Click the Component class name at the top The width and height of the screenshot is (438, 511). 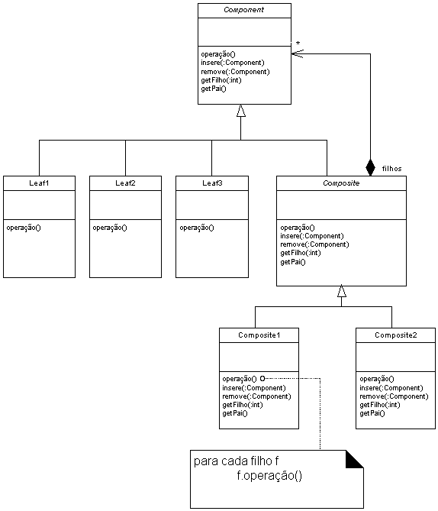(x=243, y=10)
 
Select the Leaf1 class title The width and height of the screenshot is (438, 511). (x=39, y=183)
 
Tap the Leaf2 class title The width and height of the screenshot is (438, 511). (x=125, y=183)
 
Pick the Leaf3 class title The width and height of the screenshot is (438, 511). (x=212, y=183)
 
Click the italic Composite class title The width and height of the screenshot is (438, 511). (x=341, y=183)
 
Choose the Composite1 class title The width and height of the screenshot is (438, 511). (x=259, y=335)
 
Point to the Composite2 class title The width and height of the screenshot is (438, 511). (x=396, y=335)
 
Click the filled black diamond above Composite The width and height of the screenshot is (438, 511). (x=370, y=168)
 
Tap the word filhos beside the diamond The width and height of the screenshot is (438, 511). (x=391, y=169)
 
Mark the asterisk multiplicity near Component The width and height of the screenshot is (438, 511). (x=298, y=44)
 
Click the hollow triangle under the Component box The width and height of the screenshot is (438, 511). (x=241, y=111)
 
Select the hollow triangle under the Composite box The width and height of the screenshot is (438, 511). (x=342, y=291)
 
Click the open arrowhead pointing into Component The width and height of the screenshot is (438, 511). (x=298, y=53)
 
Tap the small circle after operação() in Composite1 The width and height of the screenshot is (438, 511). (x=262, y=378)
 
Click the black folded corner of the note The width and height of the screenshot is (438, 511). (x=354, y=459)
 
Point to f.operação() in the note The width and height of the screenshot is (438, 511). (x=269, y=476)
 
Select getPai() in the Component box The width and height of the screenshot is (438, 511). (x=214, y=89)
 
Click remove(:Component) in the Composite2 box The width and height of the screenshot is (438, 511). (x=394, y=396)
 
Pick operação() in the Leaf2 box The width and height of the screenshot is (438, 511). (x=110, y=228)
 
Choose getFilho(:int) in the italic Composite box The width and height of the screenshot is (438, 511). (x=300, y=253)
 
